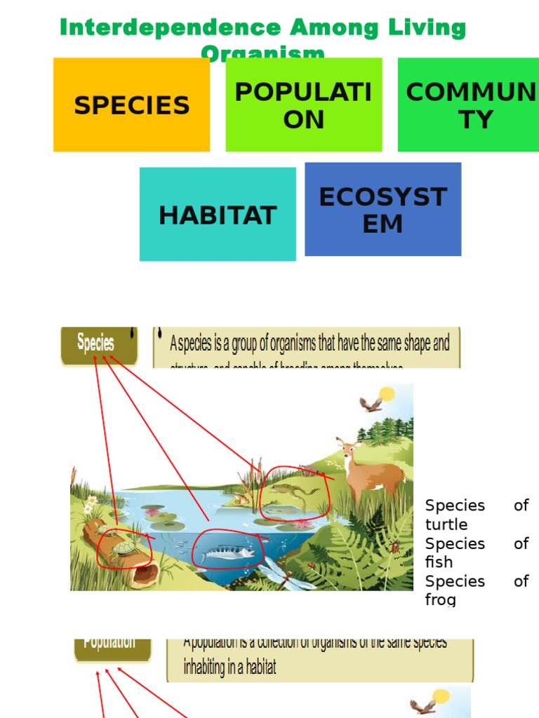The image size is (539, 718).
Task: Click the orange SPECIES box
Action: [131, 105]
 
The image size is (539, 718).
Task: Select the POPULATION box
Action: [304, 105]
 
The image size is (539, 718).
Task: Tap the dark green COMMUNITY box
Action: [469, 105]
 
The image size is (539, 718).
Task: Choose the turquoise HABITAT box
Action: [218, 215]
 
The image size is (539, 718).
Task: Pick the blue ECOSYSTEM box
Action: [383, 210]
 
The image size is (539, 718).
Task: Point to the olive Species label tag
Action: [96, 344]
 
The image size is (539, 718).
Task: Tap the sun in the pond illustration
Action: [387, 395]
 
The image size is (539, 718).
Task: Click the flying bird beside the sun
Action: [370, 404]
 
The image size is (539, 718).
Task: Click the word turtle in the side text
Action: [446, 524]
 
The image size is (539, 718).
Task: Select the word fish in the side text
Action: [439, 562]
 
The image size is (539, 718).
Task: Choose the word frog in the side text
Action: [440, 600]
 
